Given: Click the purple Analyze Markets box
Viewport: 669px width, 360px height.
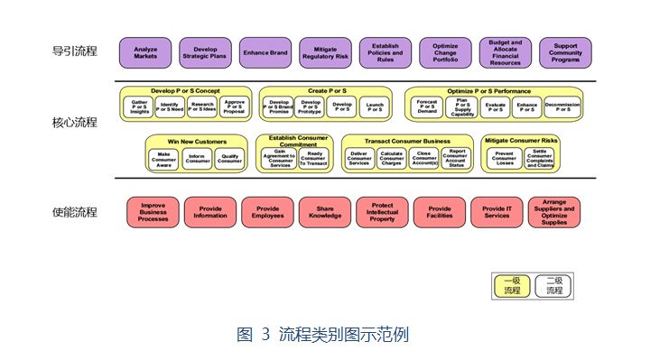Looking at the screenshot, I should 145,53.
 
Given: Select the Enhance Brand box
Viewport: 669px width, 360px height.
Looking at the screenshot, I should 265,53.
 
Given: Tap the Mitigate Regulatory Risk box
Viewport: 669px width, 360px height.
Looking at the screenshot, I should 325,53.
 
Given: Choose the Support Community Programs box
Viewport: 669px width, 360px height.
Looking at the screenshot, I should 565,53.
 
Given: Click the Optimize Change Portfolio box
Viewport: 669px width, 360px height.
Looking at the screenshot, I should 445,53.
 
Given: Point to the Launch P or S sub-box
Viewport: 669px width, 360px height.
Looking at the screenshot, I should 373,107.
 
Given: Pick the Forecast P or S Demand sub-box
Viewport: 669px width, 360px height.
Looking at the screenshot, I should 427,107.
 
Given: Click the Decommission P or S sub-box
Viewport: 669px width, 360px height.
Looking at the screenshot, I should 562,107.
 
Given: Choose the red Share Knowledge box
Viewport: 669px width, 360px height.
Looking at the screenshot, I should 325,213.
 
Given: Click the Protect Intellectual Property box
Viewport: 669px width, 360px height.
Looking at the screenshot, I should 382,213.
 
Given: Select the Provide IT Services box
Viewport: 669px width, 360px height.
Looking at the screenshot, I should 497,213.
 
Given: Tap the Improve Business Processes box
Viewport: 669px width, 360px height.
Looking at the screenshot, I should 153,213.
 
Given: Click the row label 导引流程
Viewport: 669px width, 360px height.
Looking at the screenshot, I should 74,51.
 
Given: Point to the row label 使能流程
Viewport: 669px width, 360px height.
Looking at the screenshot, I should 74,213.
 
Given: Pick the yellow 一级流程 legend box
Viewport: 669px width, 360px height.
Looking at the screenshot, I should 511,285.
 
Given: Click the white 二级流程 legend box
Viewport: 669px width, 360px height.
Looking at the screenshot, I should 553,285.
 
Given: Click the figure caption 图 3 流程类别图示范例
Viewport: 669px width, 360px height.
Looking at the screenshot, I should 322,335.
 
